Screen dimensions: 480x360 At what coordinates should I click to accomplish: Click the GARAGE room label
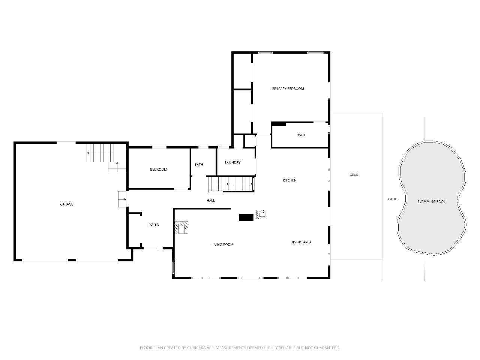pyautogui.click(x=66, y=204)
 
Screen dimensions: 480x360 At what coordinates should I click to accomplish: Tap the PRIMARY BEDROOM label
pyautogui.click(x=288, y=89)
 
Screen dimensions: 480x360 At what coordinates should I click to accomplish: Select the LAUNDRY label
pyautogui.click(x=232, y=162)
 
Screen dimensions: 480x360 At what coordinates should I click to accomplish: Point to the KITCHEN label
pyautogui.click(x=289, y=180)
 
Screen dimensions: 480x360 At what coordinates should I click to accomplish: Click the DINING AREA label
pyautogui.click(x=301, y=242)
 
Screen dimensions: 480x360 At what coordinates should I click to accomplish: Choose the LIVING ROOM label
pyautogui.click(x=222, y=244)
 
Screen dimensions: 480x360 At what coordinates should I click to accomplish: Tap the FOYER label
pyautogui.click(x=153, y=225)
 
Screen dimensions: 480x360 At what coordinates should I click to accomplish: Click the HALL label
pyautogui.click(x=211, y=200)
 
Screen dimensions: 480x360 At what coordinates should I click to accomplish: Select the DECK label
pyautogui.click(x=354, y=175)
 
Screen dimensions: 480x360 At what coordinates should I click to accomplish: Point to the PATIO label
pyautogui.click(x=393, y=199)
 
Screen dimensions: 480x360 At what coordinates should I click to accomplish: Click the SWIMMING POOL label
pyautogui.click(x=431, y=201)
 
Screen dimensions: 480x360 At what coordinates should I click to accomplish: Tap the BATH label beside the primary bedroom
pyautogui.click(x=301, y=135)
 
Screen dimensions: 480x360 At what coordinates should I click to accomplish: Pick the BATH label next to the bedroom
pyautogui.click(x=199, y=164)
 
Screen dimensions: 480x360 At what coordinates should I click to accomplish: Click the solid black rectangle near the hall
pyautogui.click(x=246, y=217)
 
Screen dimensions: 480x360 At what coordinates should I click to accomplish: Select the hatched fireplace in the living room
pyautogui.click(x=181, y=227)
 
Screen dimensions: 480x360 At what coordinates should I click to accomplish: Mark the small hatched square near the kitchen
pyautogui.click(x=261, y=214)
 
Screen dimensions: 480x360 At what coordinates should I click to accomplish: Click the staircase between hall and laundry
pyautogui.click(x=231, y=184)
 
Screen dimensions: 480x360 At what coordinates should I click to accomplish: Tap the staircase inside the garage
pyautogui.click(x=100, y=153)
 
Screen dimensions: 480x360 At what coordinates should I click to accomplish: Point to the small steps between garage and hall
pyautogui.click(x=122, y=199)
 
